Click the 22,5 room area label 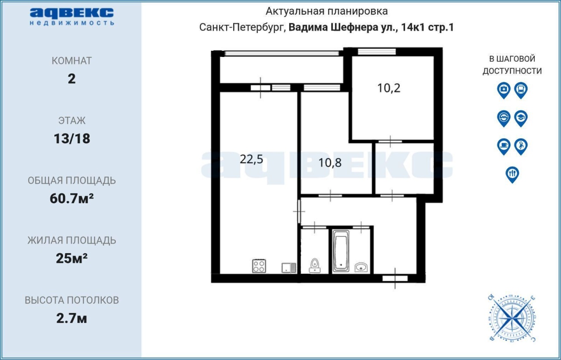(x=252, y=159)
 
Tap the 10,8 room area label (x=330, y=163)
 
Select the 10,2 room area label (x=389, y=88)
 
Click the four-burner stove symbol (x=259, y=266)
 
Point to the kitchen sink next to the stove (x=289, y=268)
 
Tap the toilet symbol (x=315, y=265)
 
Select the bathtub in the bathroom (x=341, y=251)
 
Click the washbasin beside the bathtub (x=361, y=267)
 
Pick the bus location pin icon (x=521, y=90)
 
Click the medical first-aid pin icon (x=504, y=90)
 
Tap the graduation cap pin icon (x=521, y=118)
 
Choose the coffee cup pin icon (x=504, y=146)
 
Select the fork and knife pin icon (x=512, y=174)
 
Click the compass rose (x=512, y=318)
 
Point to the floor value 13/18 (x=72, y=139)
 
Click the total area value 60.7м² (x=71, y=198)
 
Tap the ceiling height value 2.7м (x=71, y=318)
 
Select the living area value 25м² (x=71, y=258)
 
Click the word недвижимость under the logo (x=72, y=23)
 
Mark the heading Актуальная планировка (x=327, y=11)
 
